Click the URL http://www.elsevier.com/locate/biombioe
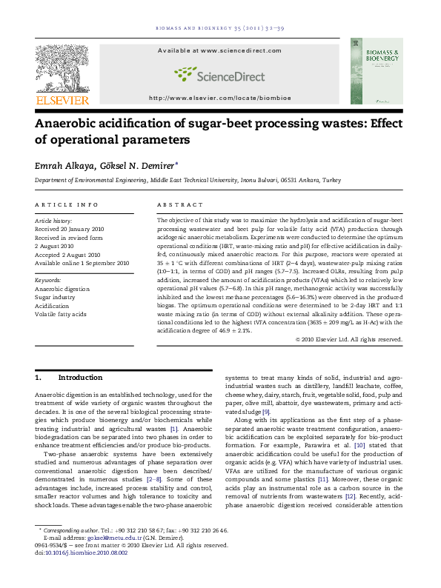[220, 98]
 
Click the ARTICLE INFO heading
[67, 204]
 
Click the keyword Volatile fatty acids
[61, 314]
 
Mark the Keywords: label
[48, 280]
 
